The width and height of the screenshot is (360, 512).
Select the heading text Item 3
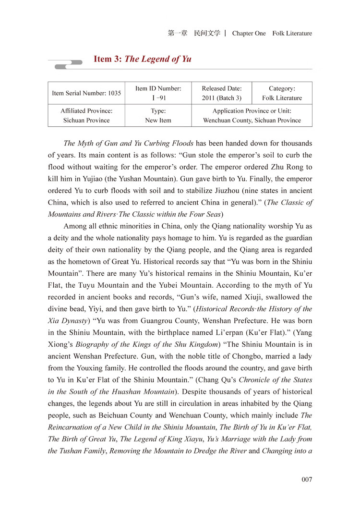point(108,59)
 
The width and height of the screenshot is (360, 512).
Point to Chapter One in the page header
point(249,33)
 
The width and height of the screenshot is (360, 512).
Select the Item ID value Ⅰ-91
point(158,98)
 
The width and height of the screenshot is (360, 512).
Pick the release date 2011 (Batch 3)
point(221,98)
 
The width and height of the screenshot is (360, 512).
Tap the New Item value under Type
point(158,120)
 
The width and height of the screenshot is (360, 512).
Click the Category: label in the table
point(282,88)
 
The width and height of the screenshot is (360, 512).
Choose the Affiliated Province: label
point(86,110)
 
